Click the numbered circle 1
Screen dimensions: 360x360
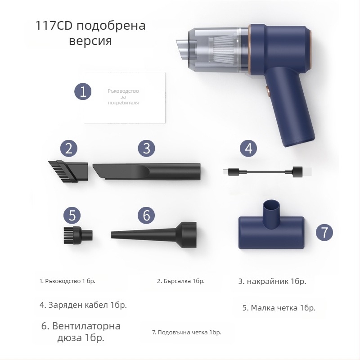click(83, 92)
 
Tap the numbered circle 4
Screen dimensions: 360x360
click(248, 148)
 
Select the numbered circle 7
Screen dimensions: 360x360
click(324, 232)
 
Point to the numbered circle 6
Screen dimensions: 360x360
click(146, 215)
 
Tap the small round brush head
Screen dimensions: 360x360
click(77, 234)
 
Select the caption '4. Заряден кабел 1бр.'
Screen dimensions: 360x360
click(83, 305)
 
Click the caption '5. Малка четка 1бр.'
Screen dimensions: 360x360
click(279, 308)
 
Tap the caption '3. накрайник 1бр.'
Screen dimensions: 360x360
click(272, 281)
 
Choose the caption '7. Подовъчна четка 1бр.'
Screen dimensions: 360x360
click(186, 333)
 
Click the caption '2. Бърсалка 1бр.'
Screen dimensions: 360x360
click(180, 281)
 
